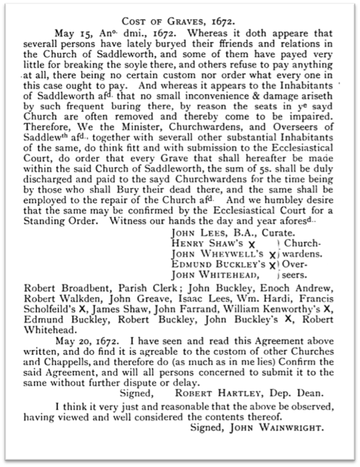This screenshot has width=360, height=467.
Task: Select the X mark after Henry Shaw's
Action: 250,244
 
